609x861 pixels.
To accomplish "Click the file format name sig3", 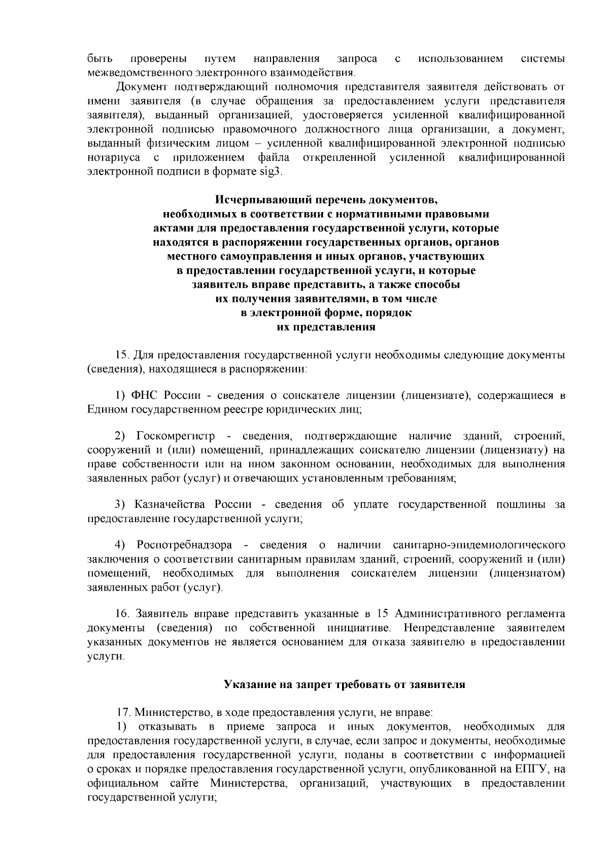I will tap(269, 171).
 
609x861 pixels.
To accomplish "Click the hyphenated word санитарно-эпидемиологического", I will tap(479, 545).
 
